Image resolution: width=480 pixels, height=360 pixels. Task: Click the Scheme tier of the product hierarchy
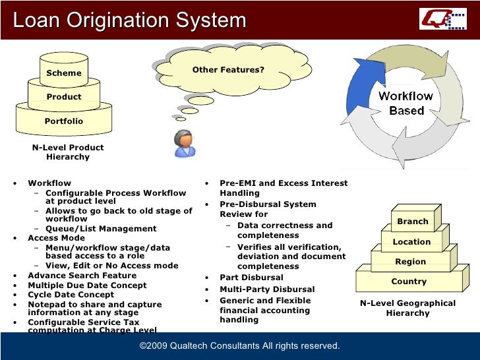(64, 73)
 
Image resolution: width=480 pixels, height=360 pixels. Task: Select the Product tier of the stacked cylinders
(64, 97)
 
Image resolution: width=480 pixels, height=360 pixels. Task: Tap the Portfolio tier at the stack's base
(64, 121)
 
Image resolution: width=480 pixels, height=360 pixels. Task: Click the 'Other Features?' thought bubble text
(228, 70)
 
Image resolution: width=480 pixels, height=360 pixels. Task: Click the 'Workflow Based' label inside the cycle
(405, 104)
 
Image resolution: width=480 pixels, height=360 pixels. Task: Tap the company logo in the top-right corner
(442, 18)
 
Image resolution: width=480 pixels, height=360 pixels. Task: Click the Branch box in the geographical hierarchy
(413, 222)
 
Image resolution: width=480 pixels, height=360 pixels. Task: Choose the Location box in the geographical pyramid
(411, 242)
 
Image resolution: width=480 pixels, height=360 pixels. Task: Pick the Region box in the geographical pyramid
(410, 262)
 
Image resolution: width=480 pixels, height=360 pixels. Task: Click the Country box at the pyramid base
(409, 282)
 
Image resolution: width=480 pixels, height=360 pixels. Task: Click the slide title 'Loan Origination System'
(129, 20)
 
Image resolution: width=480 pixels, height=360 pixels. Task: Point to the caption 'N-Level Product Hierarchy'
(68, 152)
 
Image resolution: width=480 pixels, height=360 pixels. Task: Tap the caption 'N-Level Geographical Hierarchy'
(407, 308)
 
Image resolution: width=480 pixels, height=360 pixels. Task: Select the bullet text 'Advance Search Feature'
(82, 276)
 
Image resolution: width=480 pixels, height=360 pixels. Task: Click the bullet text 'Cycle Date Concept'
(71, 295)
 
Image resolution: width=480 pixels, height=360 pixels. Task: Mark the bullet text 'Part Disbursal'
(251, 278)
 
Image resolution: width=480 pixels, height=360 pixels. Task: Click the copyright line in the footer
(239, 346)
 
